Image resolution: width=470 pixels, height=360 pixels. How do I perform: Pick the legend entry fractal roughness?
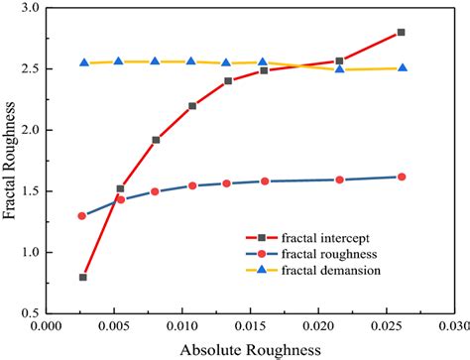(x=324, y=255)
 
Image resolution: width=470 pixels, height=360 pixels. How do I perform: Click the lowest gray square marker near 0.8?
(x=83, y=277)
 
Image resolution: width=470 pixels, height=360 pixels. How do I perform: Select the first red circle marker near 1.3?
(x=83, y=215)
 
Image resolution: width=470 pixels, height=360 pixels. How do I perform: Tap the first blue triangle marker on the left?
(x=84, y=62)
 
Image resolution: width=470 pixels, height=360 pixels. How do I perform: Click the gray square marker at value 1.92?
(x=156, y=140)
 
